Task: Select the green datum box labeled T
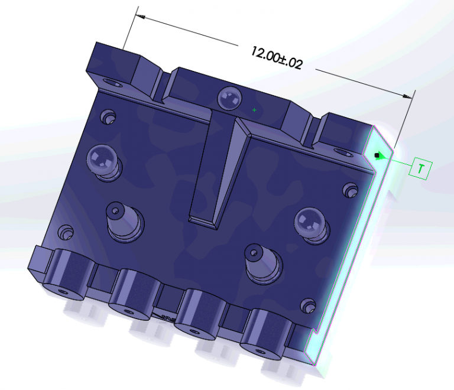420,169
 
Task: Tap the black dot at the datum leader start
376,155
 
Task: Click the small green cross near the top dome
254,109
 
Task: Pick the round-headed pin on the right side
310,223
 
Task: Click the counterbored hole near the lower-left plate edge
64,232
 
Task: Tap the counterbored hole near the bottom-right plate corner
307,305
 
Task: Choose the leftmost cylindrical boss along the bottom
66,275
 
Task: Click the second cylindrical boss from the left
134,291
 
